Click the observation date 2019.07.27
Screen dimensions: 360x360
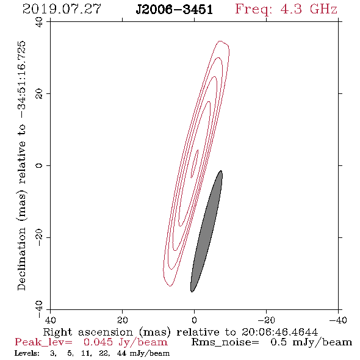[x=62, y=9]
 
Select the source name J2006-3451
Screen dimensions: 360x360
[x=175, y=9]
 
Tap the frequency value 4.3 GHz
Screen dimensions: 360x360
[x=309, y=9]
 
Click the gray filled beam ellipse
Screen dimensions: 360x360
[x=206, y=231]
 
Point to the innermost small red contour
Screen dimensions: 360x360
[x=195, y=164]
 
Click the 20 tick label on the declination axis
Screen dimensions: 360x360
[x=39, y=94]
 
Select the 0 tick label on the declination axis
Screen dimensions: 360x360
[x=39, y=165]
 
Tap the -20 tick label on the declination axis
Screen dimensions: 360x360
[x=39, y=237]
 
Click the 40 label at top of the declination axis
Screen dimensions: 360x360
[x=39, y=23]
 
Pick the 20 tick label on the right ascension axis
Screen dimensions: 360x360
[x=123, y=320]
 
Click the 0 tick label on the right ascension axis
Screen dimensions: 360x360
[x=194, y=320]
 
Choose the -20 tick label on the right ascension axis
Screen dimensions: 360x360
[x=266, y=320]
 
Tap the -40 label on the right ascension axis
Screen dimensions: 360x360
[x=338, y=320]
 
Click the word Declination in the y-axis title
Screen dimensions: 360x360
[x=21, y=259]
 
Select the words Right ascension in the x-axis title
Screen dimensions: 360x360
[x=88, y=332]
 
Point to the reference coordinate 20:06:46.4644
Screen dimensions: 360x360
[x=279, y=332]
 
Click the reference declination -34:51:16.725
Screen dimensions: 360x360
[x=22, y=79]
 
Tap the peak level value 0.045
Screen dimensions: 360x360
[x=98, y=342]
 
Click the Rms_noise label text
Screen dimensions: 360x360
[x=225, y=342]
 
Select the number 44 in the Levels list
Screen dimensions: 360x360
[x=121, y=353]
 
